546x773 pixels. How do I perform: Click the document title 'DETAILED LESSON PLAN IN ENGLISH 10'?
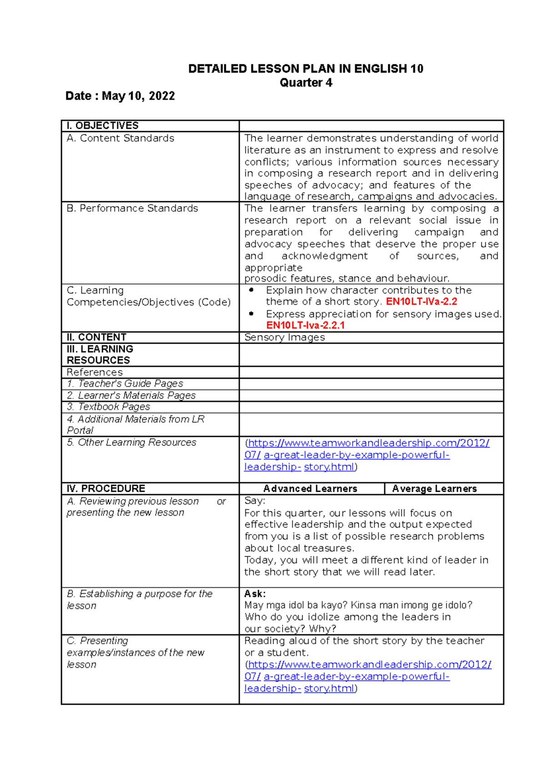306,69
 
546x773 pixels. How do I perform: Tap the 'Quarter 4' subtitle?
306,83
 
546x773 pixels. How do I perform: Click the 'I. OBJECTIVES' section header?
102,126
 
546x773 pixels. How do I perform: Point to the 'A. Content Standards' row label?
120,138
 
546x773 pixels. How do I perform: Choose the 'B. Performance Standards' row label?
132,209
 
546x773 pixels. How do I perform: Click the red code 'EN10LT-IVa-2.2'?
421,302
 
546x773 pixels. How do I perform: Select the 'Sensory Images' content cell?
284,337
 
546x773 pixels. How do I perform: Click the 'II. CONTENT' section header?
96,337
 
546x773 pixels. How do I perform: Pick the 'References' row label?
95,372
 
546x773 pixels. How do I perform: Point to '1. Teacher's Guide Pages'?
125,384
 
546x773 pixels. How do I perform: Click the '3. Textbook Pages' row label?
108,407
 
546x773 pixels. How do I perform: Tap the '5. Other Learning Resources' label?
131,442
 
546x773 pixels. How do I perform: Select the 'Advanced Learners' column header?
310,489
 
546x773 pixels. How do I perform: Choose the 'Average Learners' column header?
435,489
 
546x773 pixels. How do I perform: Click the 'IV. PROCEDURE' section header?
106,489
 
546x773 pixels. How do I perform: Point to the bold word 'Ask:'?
255,594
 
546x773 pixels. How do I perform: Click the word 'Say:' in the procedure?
254,501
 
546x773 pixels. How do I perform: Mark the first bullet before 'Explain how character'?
252,290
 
